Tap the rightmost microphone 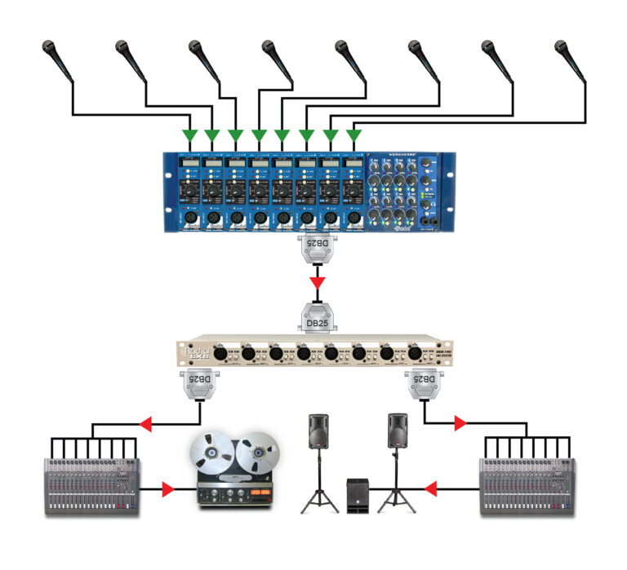coord(569,57)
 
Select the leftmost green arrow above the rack coord(189,134)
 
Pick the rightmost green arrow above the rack coord(354,134)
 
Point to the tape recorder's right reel coord(257,451)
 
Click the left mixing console coord(91,486)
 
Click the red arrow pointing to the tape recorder coord(167,489)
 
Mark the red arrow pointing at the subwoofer coord(431,489)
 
